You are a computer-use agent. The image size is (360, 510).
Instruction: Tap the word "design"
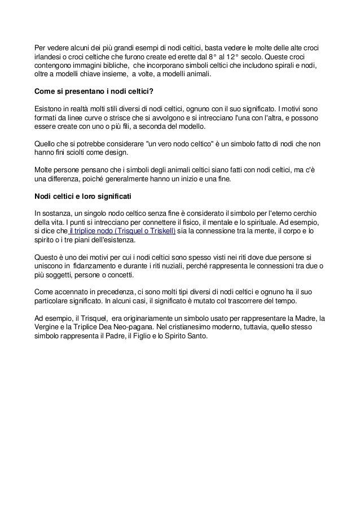(x=117, y=152)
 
